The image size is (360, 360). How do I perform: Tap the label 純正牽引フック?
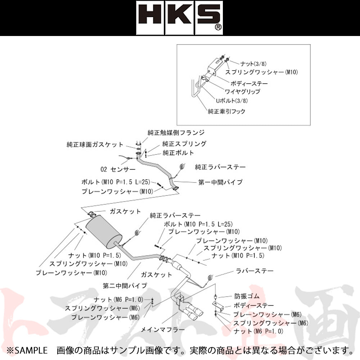[226, 112]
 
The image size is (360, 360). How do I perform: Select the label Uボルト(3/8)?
[231, 100]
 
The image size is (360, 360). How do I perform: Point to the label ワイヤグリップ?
[242, 91]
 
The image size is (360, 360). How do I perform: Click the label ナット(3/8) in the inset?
[253, 64]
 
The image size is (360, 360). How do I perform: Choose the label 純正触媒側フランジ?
[176, 133]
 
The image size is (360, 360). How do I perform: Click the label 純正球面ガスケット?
[95, 145]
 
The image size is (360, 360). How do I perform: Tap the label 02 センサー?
[118, 170]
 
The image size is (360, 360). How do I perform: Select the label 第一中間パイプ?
[220, 182]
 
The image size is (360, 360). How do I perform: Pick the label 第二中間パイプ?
[125, 286]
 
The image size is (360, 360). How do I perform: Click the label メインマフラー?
[163, 330]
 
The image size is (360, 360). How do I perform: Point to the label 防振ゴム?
[247, 296]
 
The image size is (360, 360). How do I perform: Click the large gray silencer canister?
[104, 233]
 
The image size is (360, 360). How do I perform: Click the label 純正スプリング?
[184, 144]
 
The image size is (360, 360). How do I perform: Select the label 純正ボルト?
[179, 153]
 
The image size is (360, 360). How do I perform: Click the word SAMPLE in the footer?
[31, 351]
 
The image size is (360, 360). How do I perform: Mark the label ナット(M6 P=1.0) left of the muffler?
[118, 300]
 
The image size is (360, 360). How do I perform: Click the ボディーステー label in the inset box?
[249, 84]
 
